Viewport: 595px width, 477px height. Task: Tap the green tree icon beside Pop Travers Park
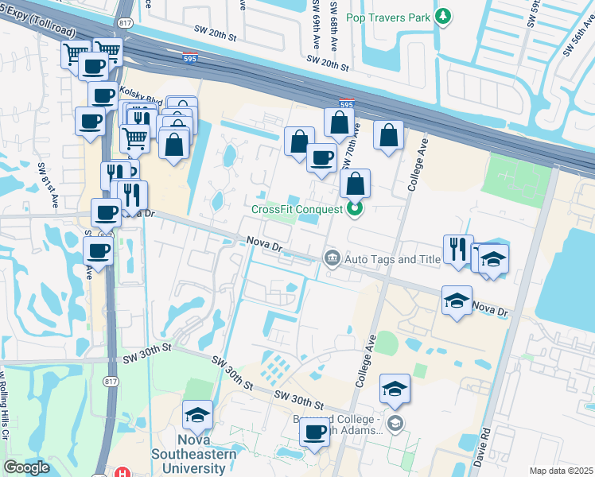444,17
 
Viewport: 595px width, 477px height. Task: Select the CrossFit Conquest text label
297,209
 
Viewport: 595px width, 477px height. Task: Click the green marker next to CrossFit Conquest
355,209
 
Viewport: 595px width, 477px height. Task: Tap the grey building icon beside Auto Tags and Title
332,258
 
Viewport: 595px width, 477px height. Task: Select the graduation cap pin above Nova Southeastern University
197,415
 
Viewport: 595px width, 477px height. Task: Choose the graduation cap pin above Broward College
395,390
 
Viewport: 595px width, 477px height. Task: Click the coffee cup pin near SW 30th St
315,432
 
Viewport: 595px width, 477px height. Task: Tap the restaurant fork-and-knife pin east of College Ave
458,249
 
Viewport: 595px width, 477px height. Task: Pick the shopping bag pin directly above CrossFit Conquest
355,184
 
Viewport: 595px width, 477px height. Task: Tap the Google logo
25,467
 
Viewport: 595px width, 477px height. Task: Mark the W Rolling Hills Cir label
5,401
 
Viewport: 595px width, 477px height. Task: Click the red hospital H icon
123,473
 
